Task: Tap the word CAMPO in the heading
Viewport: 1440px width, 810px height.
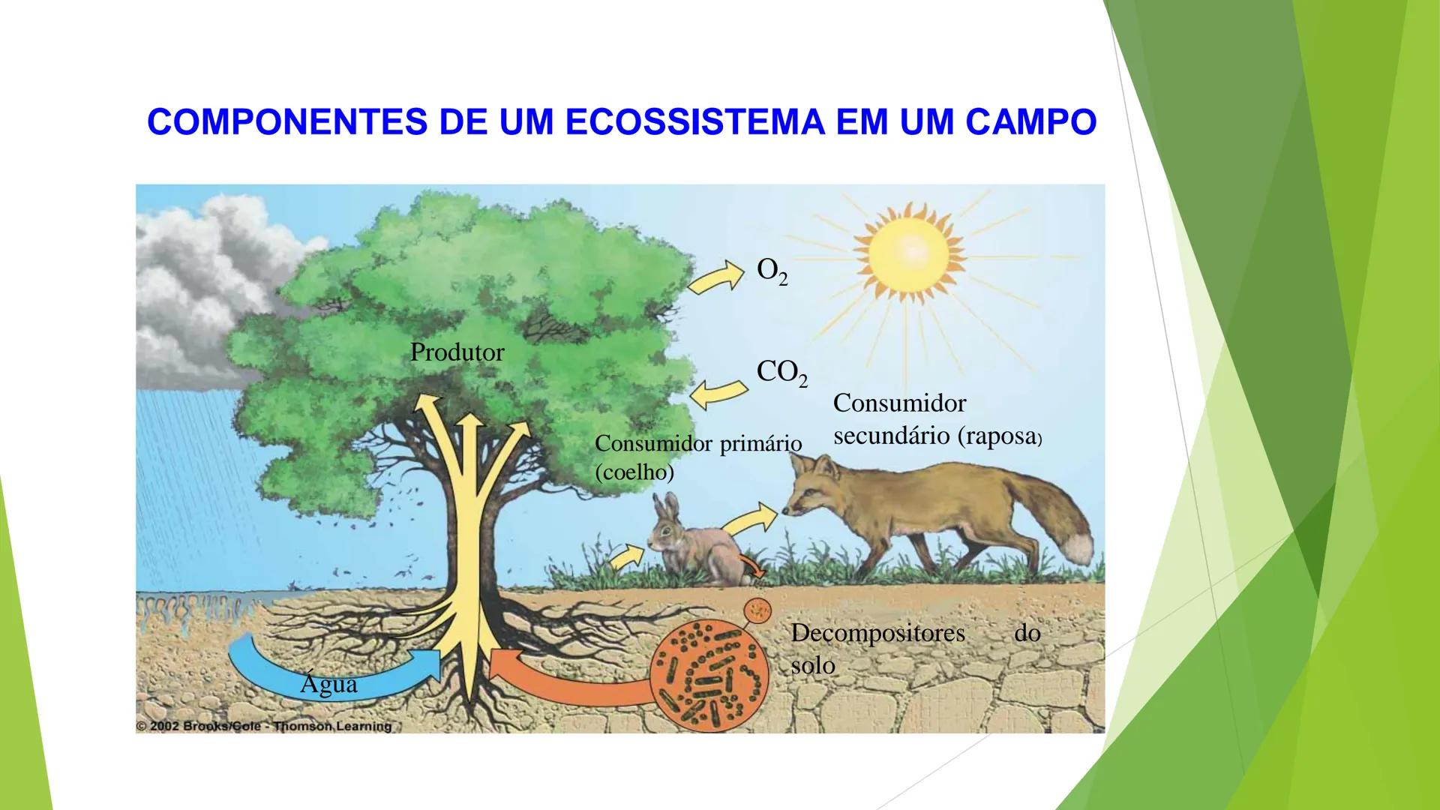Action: click(x=1030, y=121)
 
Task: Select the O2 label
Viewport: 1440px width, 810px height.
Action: click(x=772, y=271)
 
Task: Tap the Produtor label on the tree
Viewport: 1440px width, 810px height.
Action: click(x=457, y=352)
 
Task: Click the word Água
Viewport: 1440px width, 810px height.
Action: click(x=328, y=683)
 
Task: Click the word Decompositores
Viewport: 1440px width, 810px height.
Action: click(x=877, y=633)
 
